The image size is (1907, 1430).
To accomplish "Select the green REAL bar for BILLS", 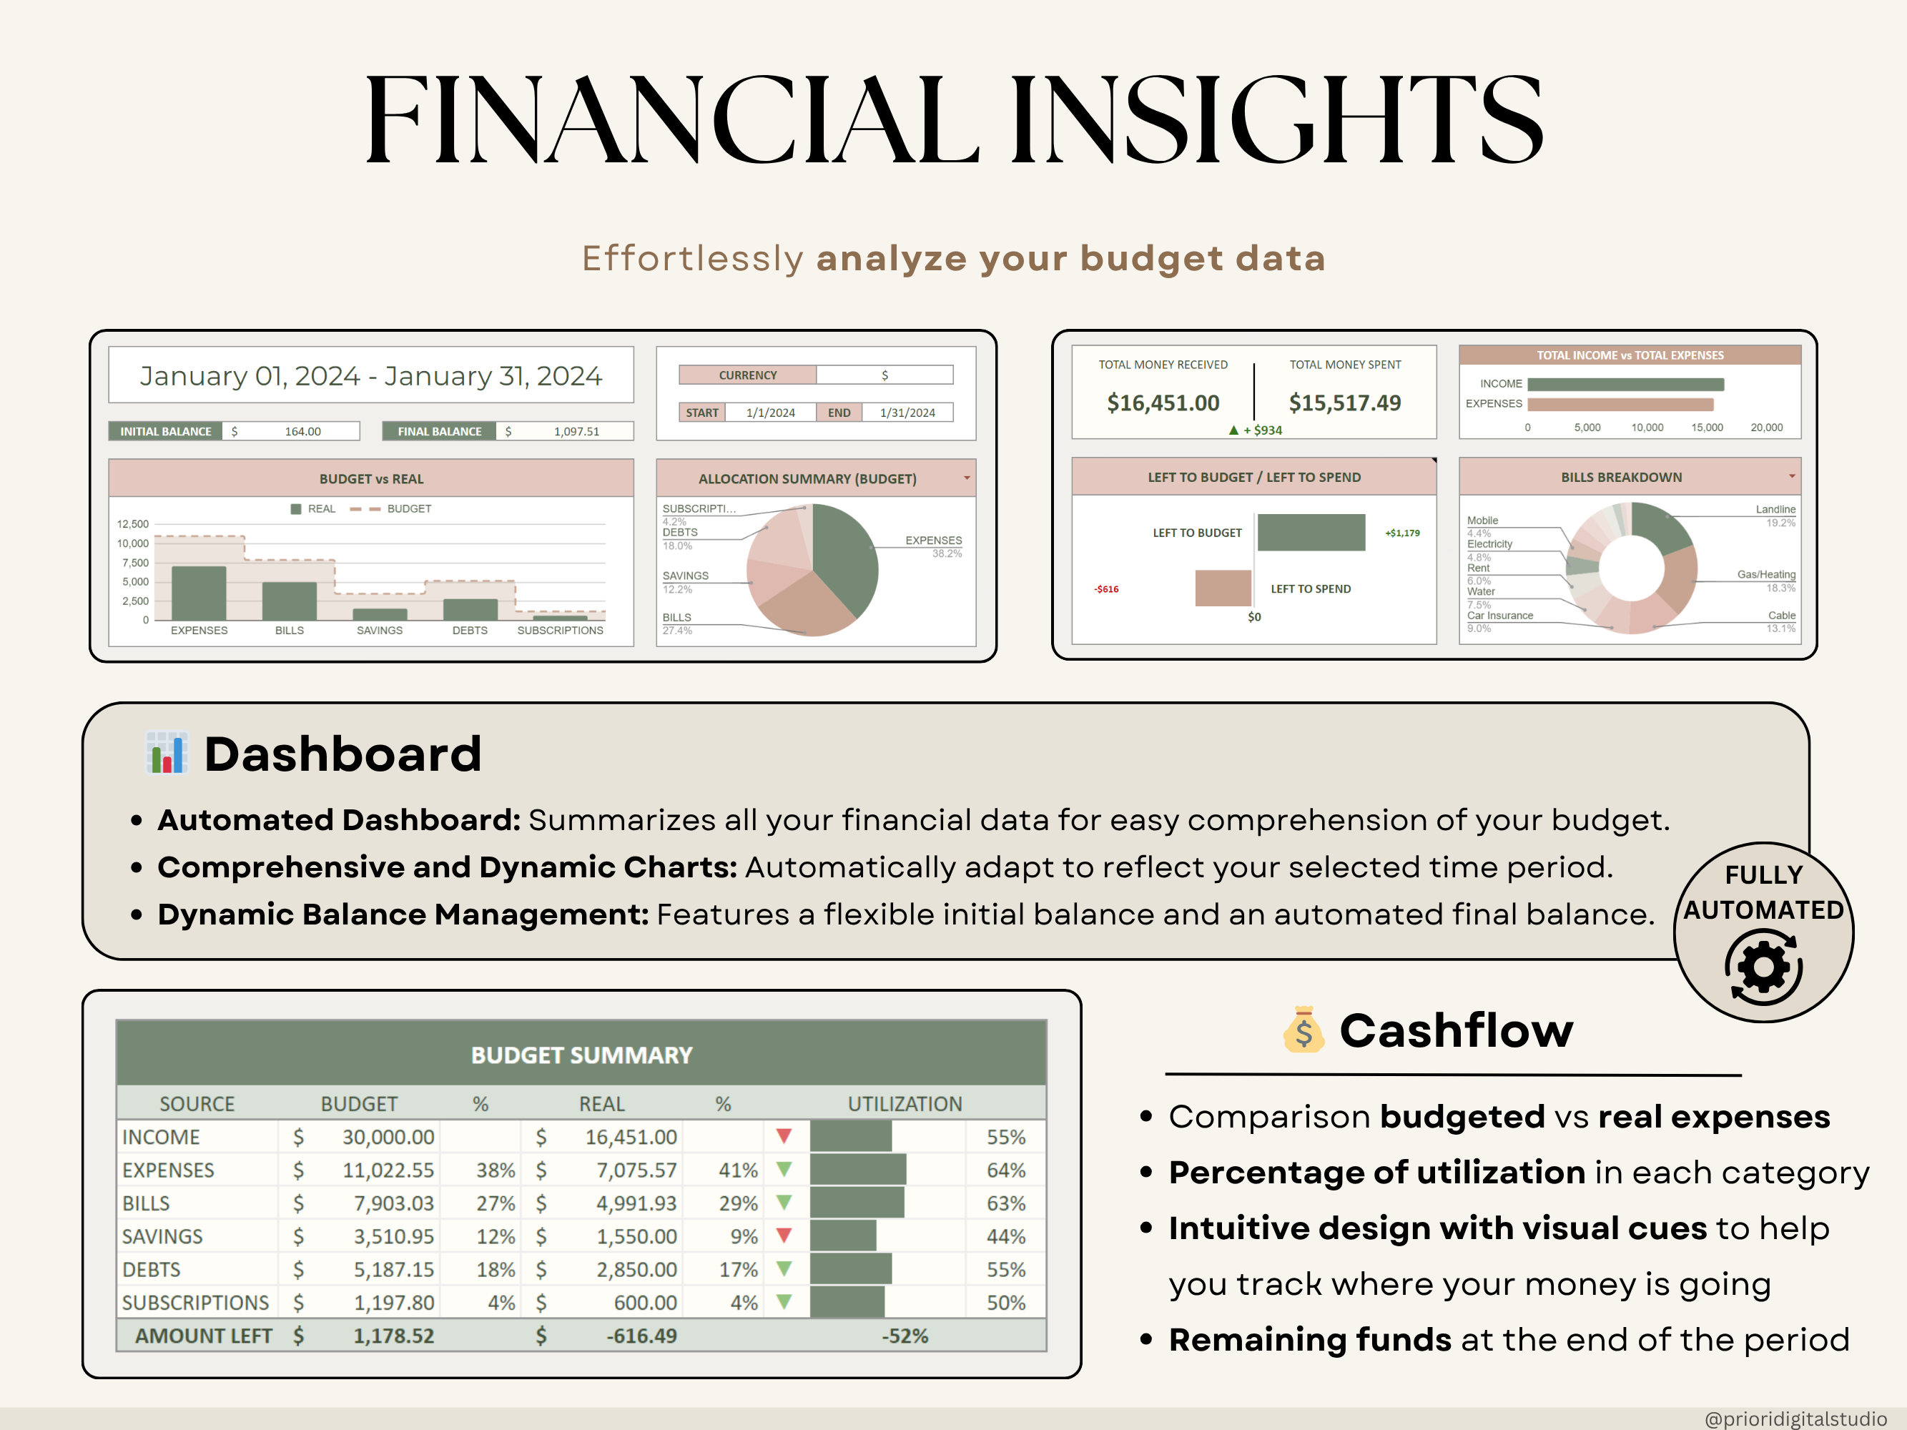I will pos(289,601).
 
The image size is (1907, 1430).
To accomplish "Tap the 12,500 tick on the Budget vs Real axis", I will pos(133,524).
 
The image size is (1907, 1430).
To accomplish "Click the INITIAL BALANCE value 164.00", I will pos(302,431).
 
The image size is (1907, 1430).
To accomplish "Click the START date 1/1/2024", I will pos(770,413).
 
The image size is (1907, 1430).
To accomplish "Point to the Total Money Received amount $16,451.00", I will pos(1163,403).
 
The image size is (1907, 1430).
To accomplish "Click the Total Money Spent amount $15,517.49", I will pos(1344,403).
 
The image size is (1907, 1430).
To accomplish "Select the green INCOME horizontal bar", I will pos(1625,385).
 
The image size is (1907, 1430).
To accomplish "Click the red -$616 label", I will pos(1106,588).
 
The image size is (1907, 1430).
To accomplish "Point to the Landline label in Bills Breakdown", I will pos(1775,509).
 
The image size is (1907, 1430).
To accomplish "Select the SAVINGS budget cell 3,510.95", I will pos(393,1236).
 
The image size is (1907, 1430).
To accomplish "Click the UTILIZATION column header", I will pos(905,1104).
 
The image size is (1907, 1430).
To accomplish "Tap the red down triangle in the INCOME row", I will pos(784,1136).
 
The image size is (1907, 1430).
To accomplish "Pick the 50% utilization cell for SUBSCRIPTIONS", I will pos(1005,1303).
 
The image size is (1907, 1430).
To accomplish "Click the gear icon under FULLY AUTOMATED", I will pos(1763,968).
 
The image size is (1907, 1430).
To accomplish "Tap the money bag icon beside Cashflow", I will pos(1303,1030).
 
